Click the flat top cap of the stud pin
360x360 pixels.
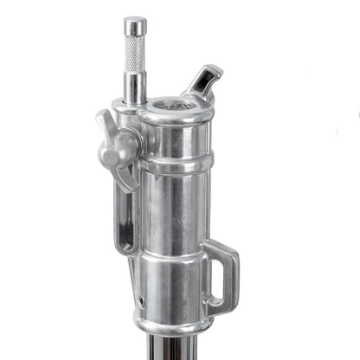pyautogui.click(x=135, y=22)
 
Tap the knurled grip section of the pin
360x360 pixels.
pyautogui.click(x=135, y=54)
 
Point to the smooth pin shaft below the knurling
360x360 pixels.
pyautogui.click(x=134, y=87)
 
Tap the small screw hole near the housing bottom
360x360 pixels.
pyautogui.click(x=142, y=302)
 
